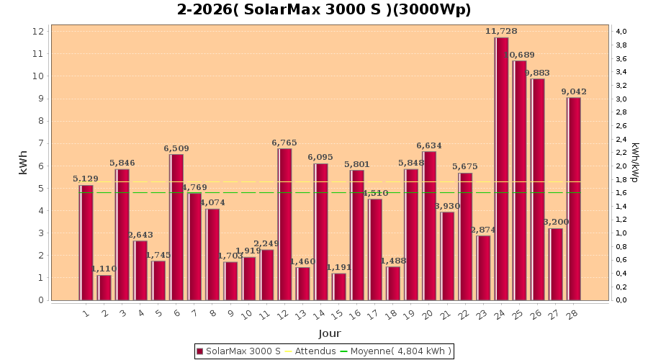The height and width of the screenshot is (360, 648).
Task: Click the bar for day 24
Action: click(501, 168)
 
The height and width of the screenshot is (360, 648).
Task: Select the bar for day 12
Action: click(285, 224)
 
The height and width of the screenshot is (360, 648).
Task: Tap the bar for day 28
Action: click(574, 198)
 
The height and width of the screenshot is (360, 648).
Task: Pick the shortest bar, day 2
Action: click(104, 287)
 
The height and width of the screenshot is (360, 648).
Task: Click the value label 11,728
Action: click(501, 31)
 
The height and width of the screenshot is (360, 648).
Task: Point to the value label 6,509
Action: click(176, 148)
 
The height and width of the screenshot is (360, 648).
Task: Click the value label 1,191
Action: click(339, 267)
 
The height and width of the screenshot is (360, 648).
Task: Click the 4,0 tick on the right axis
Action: click(621, 32)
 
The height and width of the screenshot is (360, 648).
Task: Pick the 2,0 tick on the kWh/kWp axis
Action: click(621, 166)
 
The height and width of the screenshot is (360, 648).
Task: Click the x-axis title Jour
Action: click(330, 333)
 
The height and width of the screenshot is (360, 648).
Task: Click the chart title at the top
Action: click(324, 9)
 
